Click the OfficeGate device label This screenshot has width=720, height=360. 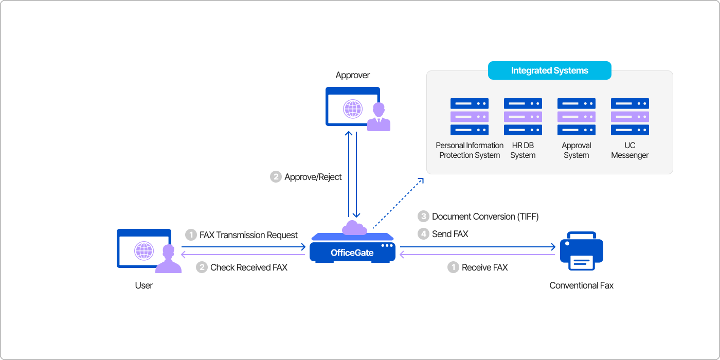tap(352, 253)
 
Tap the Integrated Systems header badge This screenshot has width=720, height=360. tap(549, 70)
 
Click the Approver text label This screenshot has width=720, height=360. tap(353, 75)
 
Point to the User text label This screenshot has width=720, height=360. tap(144, 285)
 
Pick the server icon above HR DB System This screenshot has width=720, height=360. tap(523, 117)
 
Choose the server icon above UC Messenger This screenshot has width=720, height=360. tap(630, 117)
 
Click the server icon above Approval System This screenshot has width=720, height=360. tap(577, 117)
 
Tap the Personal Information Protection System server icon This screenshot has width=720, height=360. tap(470, 117)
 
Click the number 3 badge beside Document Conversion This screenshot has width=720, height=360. tap(423, 217)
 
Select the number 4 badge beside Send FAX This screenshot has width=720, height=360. tap(423, 234)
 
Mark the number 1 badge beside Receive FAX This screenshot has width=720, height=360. tap(453, 267)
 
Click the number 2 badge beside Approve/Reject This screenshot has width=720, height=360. tap(276, 177)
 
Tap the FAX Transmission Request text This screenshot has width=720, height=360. tap(248, 235)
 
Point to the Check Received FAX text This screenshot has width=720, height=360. tap(249, 267)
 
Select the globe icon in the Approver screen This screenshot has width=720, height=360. tap(353, 109)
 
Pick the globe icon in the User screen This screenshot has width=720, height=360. tap(144, 251)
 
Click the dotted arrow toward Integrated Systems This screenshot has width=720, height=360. tap(398, 203)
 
